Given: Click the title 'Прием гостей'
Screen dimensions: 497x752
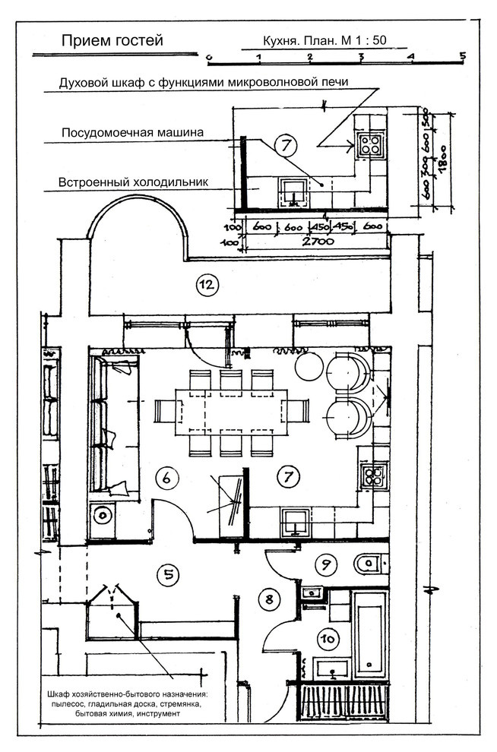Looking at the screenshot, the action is [112, 40].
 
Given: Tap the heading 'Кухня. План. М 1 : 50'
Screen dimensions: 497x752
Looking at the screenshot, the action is [324, 40].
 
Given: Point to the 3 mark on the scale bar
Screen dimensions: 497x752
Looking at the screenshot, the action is [361, 57].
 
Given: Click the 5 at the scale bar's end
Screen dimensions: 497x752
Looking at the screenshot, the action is [463, 55].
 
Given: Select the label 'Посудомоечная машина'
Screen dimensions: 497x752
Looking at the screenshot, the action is [132, 132].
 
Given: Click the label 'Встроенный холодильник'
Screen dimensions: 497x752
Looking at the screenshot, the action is [133, 182].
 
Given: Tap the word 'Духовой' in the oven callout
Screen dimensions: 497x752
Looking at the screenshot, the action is [81, 83].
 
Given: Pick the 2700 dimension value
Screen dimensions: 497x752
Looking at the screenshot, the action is [318, 242].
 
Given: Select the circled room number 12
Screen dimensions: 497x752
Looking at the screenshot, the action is [207, 285].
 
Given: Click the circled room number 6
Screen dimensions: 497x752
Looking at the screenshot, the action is [167, 478].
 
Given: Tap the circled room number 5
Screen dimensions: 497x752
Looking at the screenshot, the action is [168, 574].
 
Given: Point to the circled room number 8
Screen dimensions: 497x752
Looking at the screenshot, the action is [269, 599].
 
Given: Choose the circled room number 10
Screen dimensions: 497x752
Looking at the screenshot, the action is [328, 639].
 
